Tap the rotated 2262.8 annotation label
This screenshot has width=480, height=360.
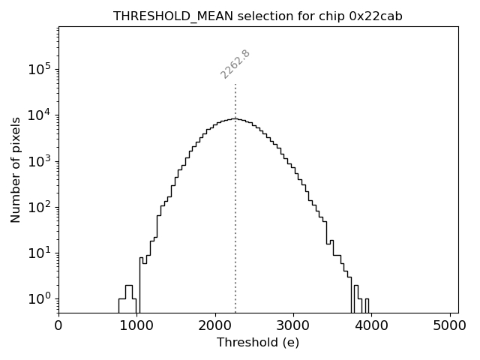[x=235, y=64]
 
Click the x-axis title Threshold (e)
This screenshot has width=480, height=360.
[x=258, y=343]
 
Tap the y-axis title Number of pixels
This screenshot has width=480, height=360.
[x=16, y=169]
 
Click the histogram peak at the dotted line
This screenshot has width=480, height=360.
[x=235, y=118]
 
